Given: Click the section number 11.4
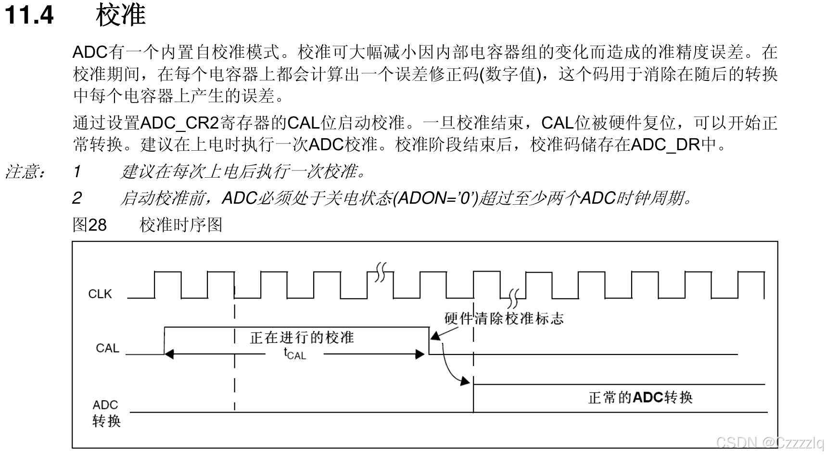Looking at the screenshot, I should [x=29, y=15].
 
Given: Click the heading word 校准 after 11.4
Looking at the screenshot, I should [x=120, y=15].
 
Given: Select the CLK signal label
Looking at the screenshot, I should [x=100, y=294].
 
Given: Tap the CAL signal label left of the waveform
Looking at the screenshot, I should [x=107, y=348].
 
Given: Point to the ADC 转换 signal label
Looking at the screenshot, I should [x=106, y=413].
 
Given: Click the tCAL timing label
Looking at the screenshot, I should [x=294, y=354].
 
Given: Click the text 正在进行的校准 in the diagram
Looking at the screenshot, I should [x=302, y=337].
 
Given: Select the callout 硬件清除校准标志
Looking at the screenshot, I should [x=504, y=318].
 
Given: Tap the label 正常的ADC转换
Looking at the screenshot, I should [x=640, y=397].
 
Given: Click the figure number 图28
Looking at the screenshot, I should [x=89, y=225].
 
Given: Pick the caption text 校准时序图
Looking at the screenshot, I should [x=181, y=225].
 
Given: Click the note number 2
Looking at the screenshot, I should [x=77, y=198].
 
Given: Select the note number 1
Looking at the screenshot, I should [x=77, y=171].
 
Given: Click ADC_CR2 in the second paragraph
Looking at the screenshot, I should [x=179, y=123].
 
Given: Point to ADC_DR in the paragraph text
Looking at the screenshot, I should [x=665, y=144].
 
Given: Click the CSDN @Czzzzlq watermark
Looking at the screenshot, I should [x=769, y=443].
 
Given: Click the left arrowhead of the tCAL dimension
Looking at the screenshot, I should [x=168, y=354].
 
